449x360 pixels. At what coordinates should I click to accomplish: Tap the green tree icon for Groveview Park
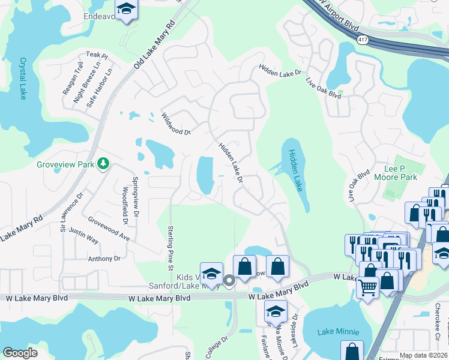coord(103,163)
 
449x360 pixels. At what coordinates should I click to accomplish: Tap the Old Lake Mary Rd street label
coord(154,44)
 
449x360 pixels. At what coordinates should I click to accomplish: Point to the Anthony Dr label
coord(104,259)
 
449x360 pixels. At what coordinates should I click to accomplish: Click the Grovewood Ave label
coord(109,229)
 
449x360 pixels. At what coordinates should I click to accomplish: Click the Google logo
coord(20,353)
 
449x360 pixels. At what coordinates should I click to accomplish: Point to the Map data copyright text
coord(423,355)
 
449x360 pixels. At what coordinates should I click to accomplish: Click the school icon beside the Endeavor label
coord(126,9)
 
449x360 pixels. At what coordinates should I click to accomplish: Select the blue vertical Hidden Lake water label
coord(296,171)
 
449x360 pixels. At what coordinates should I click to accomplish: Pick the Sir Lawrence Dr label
coord(70,212)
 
